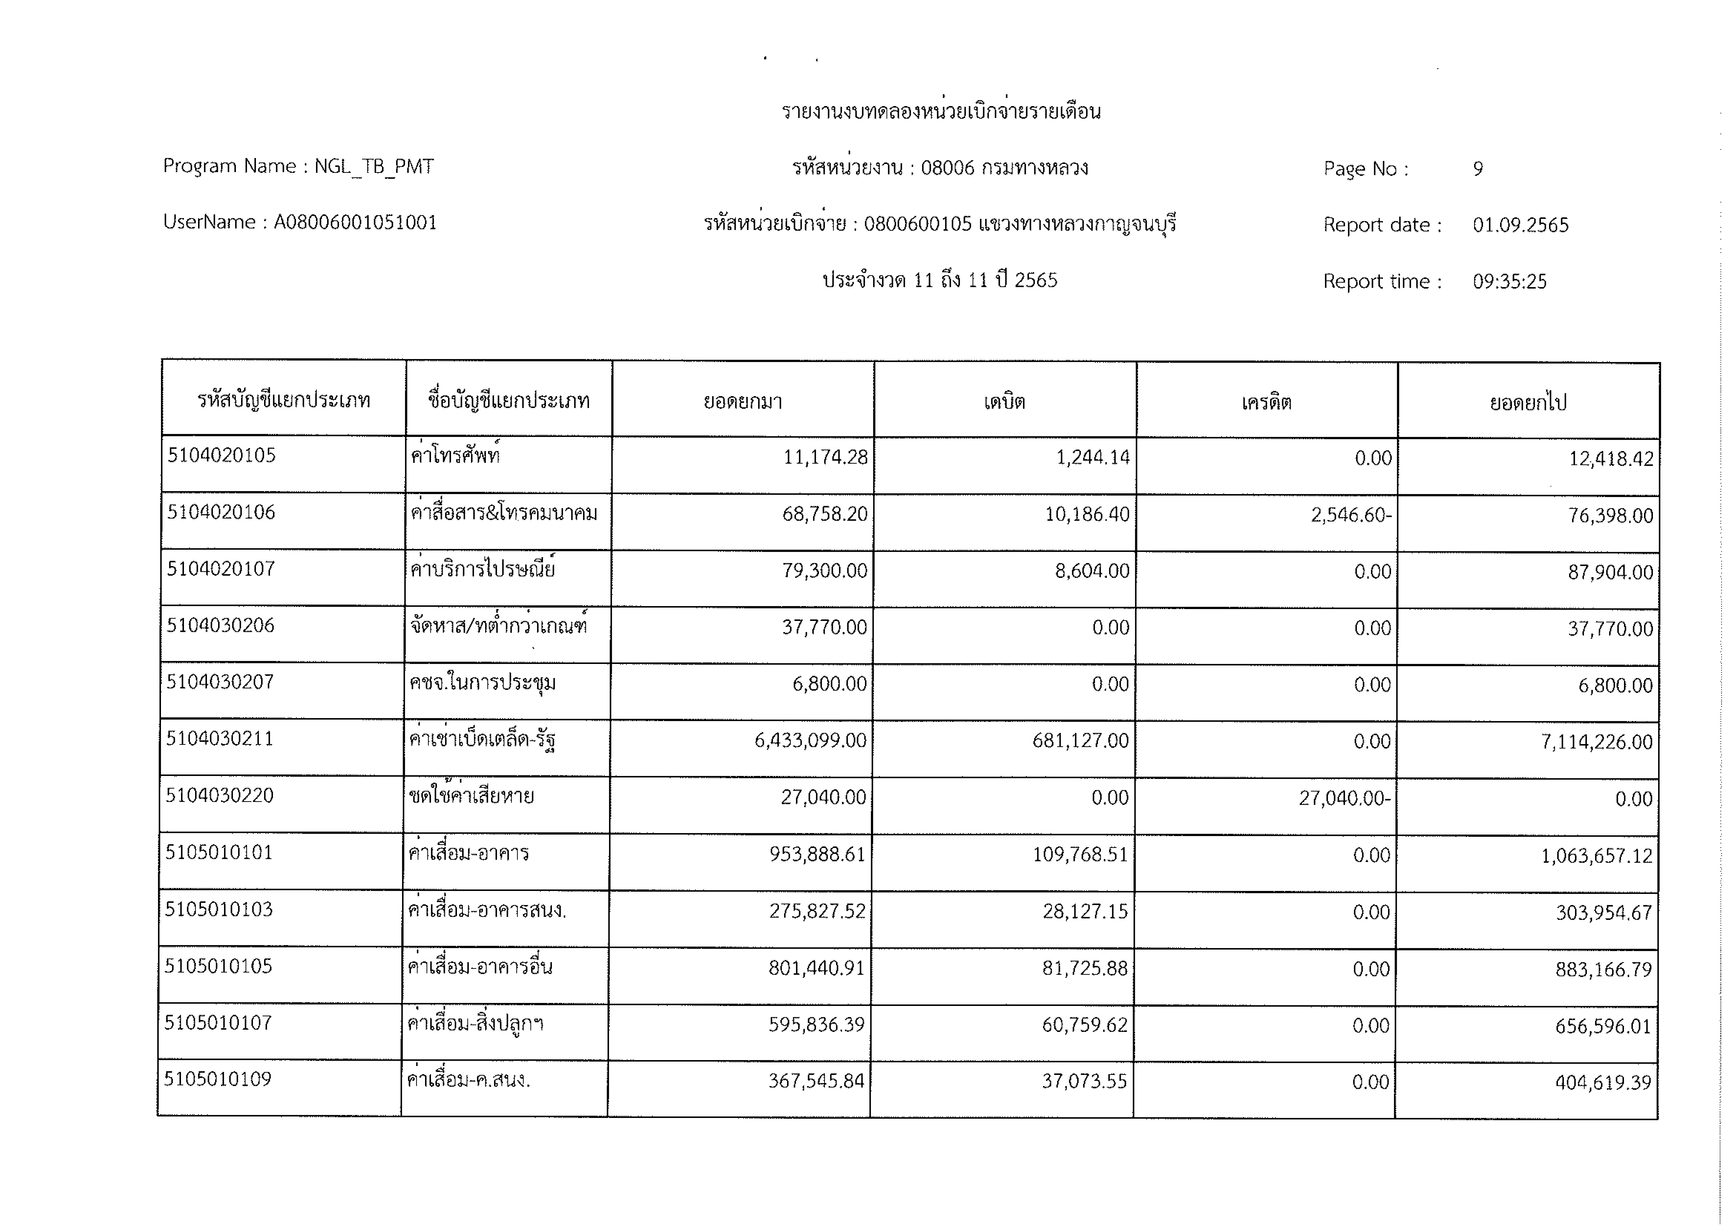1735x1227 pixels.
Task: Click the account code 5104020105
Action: [x=221, y=455]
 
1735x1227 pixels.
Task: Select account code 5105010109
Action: [x=218, y=1079]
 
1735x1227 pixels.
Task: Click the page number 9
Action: [x=1478, y=168]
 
